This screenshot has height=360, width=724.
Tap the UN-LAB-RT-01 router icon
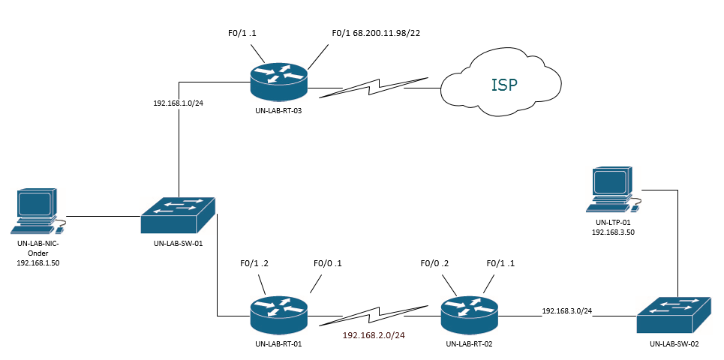pyautogui.click(x=278, y=313)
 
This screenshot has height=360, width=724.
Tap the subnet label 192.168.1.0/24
pyautogui.click(x=179, y=103)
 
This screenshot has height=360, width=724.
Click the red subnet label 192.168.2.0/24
pyautogui.click(x=374, y=334)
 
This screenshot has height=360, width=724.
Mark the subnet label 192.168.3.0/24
pyautogui.click(x=566, y=310)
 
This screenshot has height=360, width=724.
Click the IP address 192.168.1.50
pyautogui.click(x=38, y=264)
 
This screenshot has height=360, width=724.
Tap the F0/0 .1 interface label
pyautogui.click(x=328, y=262)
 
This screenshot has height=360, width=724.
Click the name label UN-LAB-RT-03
pyautogui.click(x=279, y=110)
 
